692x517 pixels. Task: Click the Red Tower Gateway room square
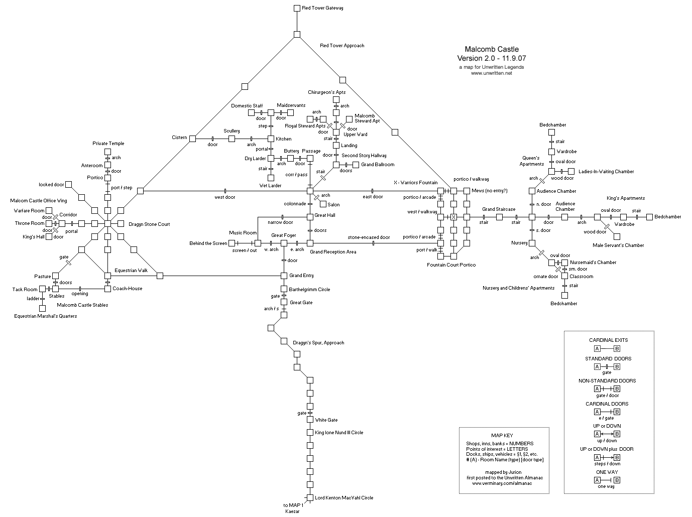[x=297, y=8]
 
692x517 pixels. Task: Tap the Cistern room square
[x=192, y=139]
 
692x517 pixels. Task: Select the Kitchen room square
[x=271, y=139]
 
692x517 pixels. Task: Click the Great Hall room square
[x=310, y=217]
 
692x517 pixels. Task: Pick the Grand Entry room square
[x=284, y=276]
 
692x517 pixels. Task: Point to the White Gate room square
[x=310, y=419]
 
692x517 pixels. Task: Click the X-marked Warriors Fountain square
[x=453, y=217]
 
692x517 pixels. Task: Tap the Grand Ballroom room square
[x=356, y=165]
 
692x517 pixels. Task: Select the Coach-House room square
[x=107, y=289]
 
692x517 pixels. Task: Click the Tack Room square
[x=42, y=289]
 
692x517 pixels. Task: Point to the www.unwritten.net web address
[x=491, y=73]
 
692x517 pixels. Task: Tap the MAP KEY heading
[x=502, y=435]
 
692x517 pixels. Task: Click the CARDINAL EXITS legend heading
[x=608, y=340]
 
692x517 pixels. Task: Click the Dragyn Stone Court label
[x=149, y=224]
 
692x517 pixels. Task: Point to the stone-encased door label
[x=369, y=237]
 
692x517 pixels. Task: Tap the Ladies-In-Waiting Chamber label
[x=606, y=172]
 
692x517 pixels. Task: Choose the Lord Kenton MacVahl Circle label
[x=344, y=498]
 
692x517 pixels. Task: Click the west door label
[x=224, y=197]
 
